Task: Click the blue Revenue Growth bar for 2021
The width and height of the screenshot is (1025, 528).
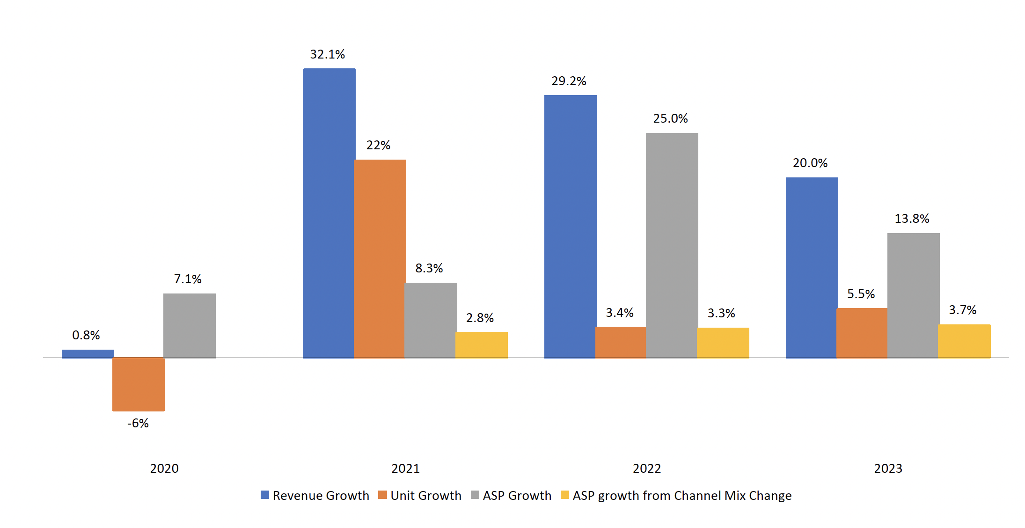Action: point(329,213)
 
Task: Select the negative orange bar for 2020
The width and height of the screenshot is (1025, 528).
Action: point(139,384)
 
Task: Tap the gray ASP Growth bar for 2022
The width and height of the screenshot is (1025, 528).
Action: point(672,245)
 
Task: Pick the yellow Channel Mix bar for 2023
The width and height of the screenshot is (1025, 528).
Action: point(964,341)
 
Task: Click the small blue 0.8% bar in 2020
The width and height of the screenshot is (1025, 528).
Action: point(88,354)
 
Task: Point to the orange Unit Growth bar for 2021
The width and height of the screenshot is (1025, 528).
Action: point(380,258)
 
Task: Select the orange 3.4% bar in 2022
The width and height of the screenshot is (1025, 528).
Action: point(621,342)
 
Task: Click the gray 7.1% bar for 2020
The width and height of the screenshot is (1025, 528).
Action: point(190,325)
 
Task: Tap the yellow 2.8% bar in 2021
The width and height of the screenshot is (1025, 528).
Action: point(481,345)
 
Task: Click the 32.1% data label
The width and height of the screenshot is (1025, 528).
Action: point(328,54)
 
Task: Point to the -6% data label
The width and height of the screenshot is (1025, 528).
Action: point(138,423)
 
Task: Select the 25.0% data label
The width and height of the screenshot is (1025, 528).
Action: point(670,118)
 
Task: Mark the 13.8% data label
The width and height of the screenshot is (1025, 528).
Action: point(912,219)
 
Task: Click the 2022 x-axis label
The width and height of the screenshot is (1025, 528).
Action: point(647,469)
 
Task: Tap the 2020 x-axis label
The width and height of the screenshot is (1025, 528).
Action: point(164,469)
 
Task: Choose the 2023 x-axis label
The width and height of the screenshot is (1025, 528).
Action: point(888,469)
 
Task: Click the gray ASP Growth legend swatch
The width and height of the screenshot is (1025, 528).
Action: point(475,495)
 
